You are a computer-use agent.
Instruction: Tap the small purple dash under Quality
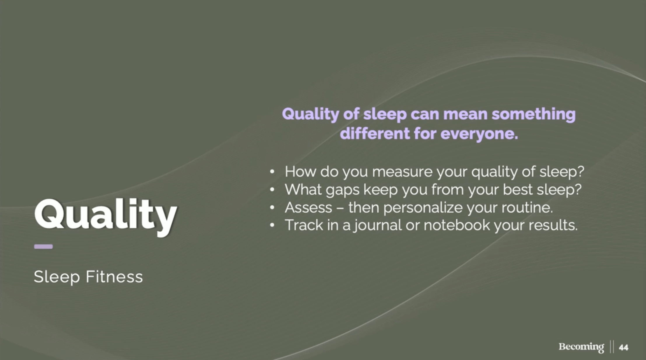(43, 247)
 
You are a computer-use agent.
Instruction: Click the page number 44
(623, 347)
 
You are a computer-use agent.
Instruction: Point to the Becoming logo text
(581, 347)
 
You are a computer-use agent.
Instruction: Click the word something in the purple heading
(533, 114)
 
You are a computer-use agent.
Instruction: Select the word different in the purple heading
(375, 134)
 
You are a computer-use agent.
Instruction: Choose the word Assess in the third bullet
(308, 208)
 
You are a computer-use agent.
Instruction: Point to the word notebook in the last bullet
(457, 225)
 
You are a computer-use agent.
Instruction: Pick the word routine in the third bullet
(527, 208)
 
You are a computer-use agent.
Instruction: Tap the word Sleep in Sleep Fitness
(57, 277)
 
